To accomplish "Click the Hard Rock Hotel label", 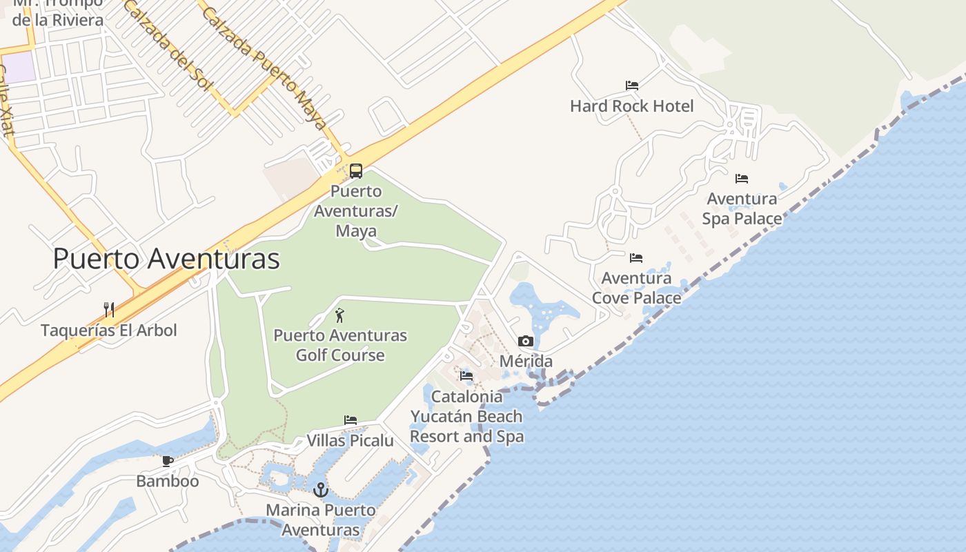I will pyautogui.click(x=631, y=106).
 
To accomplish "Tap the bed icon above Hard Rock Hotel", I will pyautogui.click(x=632, y=86).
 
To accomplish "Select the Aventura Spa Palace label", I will pyautogui.click(x=742, y=208).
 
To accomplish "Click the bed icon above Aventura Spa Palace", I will pyautogui.click(x=742, y=178).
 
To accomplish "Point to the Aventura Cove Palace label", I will pyautogui.click(x=636, y=288).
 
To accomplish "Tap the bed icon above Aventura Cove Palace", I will pyautogui.click(x=636, y=258).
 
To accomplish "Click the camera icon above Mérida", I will pyautogui.click(x=526, y=341).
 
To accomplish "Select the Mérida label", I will pyautogui.click(x=526, y=362).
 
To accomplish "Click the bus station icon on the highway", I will pyautogui.click(x=356, y=170).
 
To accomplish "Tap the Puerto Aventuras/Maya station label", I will pyautogui.click(x=356, y=210).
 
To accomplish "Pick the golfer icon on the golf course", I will pyautogui.click(x=339, y=316).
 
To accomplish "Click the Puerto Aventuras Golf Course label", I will pyautogui.click(x=340, y=345).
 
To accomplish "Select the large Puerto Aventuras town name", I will pyautogui.click(x=166, y=259).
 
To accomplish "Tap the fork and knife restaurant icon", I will pyautogui.click(x=109, y=309).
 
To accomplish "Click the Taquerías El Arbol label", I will pyautogui.click(x=109, y=331).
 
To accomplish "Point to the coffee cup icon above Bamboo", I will pyautogui.click(x=167, y=460).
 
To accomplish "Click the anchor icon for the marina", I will pyautogui.click(x=320, y=490).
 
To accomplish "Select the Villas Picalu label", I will pyautogui.click(x=350, y=440).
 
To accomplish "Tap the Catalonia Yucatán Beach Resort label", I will pyautogui.click(x=466, y=417).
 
